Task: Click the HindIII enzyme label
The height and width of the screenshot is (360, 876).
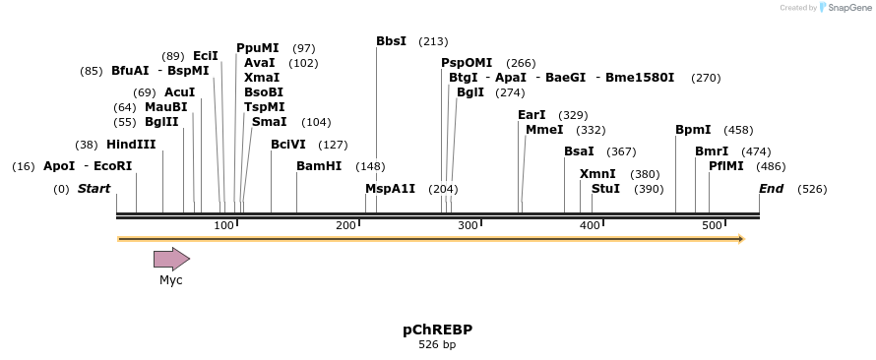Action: tap(131, 144)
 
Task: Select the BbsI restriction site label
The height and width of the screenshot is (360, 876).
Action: tap(391, 41)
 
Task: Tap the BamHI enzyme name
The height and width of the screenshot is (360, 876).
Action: tap(319, 166)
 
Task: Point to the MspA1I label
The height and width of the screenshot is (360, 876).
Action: tap(390, 188)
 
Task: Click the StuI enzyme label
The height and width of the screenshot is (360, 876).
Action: tap(605, 188)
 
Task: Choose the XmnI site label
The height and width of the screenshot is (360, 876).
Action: tap(597, 174)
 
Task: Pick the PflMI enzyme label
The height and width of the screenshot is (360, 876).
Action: tap(725, 166)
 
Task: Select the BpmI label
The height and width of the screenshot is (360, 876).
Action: tap(693, 130)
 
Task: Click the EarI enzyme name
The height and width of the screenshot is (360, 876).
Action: tap(532, 115)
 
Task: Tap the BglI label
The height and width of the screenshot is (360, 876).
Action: tap(470, 92)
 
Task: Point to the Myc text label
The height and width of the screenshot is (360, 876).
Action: tap(171, 280)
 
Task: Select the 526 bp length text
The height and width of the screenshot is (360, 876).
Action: tap(437, 345)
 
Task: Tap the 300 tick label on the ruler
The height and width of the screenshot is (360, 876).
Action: tap(468, 226)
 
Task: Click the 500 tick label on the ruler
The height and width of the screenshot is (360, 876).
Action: tap(712, 226)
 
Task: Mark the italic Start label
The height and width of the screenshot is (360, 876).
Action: tap(94, 188)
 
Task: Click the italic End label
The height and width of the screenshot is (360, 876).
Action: tap(771, 188)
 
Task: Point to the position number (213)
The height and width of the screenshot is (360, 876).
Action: tap(433, 41)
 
